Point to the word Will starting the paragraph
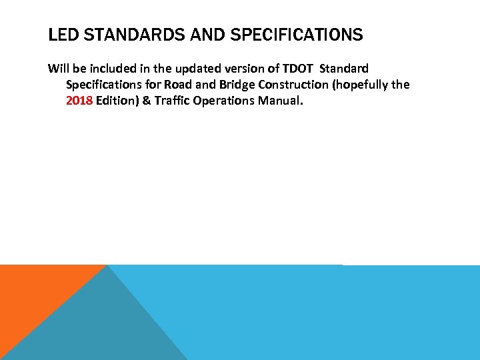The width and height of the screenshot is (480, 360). (x=58, y=69)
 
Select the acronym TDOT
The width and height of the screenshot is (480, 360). (x=295, y=69)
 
